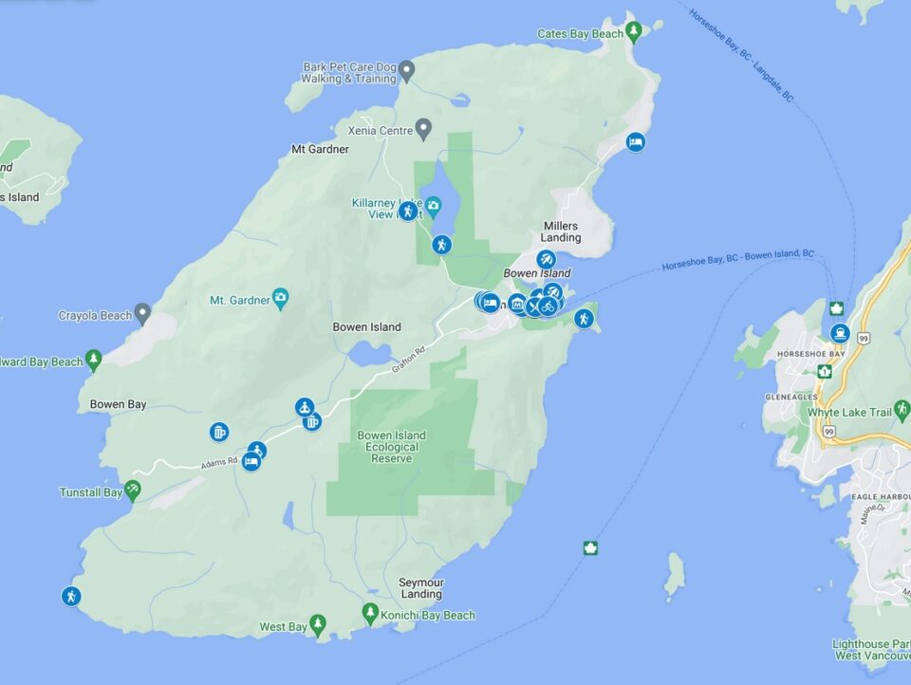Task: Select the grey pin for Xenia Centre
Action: pyautogui.click(x=424, y=127)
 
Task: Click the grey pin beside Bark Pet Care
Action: pyautogui.click(x=406, y=70)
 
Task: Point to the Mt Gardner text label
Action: pyautogui.click(x=320, y=149)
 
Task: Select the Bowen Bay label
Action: pyautogui.click(x=118, y=404)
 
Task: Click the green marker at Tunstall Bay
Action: pyautogui.click(x=132, y=490)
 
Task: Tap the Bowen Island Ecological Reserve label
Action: pyautogui.click(x=391, y=447)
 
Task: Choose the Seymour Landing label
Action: pyautogui.click(x=420, y=588)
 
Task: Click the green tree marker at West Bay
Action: pyautogui.click(x=318, y=624)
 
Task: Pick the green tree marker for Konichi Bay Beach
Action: pyautogui.click(x=371, y=614)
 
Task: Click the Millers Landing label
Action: pyautogui.click(x=560, y=231)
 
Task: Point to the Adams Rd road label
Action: pyautogui.click(x=217, y=463)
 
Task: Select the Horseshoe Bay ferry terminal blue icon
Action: pyautogui.click(x=840, y=333)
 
